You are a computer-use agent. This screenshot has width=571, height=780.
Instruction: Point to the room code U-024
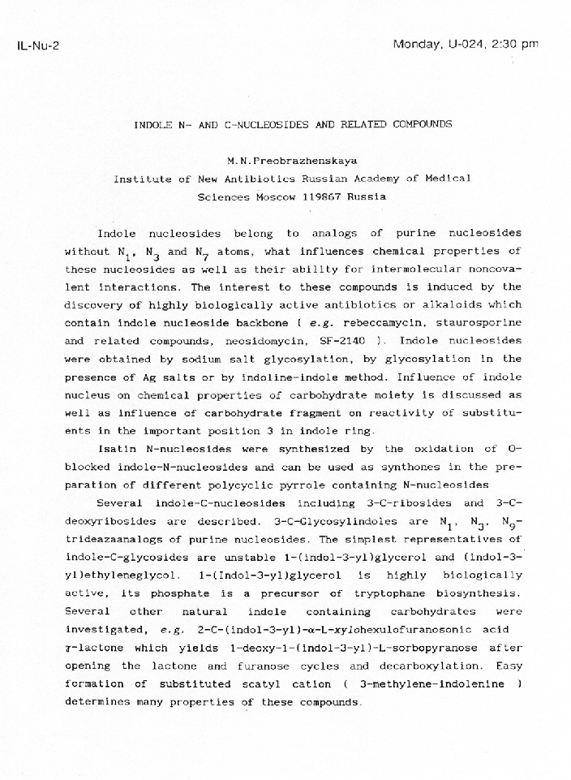465,44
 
